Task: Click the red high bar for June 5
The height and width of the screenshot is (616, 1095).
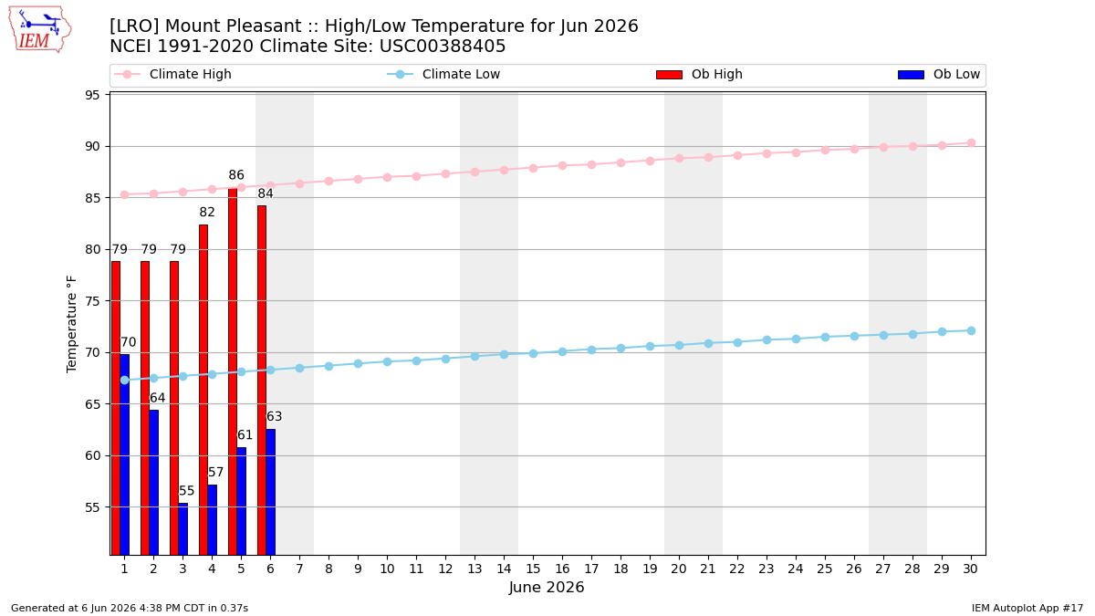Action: (x=233, y=371)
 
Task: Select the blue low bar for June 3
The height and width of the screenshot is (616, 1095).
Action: (x=182, y=529)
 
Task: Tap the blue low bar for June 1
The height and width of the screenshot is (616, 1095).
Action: (x=125, y=454)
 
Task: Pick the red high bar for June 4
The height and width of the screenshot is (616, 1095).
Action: (x=203, y=390)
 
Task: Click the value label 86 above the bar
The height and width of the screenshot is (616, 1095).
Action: (x=236, y=175)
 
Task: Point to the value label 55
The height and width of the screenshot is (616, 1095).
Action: (x=186, y=490)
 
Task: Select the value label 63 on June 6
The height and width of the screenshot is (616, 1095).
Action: (x=274, y=416)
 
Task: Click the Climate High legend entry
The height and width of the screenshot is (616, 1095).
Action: (x=172, y=74)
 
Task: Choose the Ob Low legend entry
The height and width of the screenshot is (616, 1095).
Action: (x=939, y=74)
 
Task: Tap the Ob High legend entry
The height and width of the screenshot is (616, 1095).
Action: (x=699, y=74)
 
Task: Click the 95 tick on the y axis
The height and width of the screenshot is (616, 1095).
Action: (x=92, y=95)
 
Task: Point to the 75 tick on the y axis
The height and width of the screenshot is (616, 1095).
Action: (x=92, y=301)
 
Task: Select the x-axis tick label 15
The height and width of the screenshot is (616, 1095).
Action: (x=533, y=569)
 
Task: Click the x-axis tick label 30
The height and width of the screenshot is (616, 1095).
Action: (x=970, y=569)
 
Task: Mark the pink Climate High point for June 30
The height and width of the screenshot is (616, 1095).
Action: (x=971, y=142)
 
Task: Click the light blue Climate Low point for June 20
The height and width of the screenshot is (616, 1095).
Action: (x=679, y=345)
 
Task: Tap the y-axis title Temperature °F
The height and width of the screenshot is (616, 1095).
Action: (x=71, y=324)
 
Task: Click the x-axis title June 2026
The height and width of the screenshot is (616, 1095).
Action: (x=547, y=587)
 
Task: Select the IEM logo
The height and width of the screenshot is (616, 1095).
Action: (x=39, y=30)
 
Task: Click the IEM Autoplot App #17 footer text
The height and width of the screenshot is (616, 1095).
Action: (x=1027, y=608)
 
